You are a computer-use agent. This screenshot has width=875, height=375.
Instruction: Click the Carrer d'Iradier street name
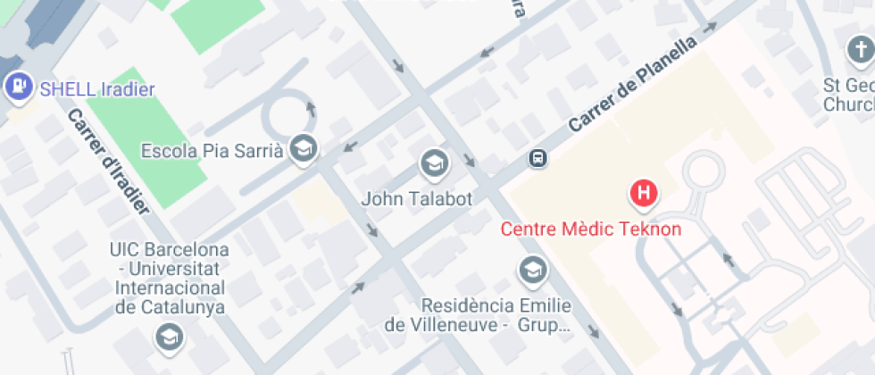tap(108, 161)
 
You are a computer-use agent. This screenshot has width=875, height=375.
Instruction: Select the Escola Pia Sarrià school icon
tap(304, 148)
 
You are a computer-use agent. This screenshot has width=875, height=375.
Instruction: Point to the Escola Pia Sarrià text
tap(212, 150)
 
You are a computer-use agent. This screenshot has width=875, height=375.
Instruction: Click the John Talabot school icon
tap(434, 162)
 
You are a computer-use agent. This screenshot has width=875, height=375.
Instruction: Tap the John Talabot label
tap(416, 198)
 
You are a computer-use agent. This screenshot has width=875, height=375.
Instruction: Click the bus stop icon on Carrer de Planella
tap(537, 158)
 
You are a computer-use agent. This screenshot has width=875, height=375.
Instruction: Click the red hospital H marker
tap(644, 192)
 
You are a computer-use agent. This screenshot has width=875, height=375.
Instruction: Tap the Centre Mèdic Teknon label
tap(590, 229)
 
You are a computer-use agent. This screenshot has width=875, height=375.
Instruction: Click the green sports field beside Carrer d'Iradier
tap(143, 134)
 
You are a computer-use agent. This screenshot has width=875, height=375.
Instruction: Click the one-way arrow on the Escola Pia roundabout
tap(311, 108)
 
